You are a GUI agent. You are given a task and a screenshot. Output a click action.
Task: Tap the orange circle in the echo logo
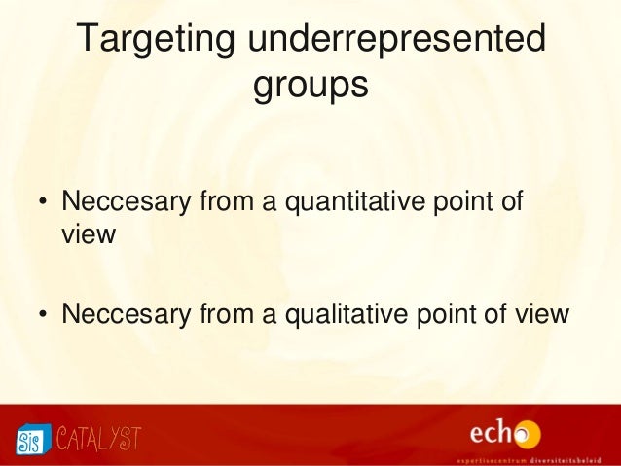(x=529, y=433)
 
